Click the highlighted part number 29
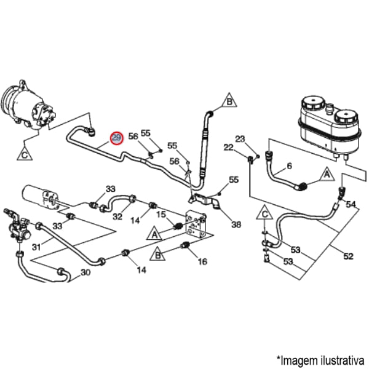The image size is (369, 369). [x=116, y=138]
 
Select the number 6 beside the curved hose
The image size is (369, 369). [x=290, y=165]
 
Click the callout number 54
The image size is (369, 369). [x=351, y=204]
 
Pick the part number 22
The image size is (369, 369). [x=228, y=148]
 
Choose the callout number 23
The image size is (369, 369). [x=240, y=138]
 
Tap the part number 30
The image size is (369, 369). [x=85, y=272]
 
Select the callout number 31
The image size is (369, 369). [x=36, y=248]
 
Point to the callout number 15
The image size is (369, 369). [x=161, y=214]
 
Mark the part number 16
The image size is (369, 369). [x=202, y=261]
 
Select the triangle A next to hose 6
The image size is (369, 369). [x=327, y=176]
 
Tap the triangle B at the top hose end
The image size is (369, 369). [x=229, y=101]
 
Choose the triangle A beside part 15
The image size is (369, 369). [x=154, y=233]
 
